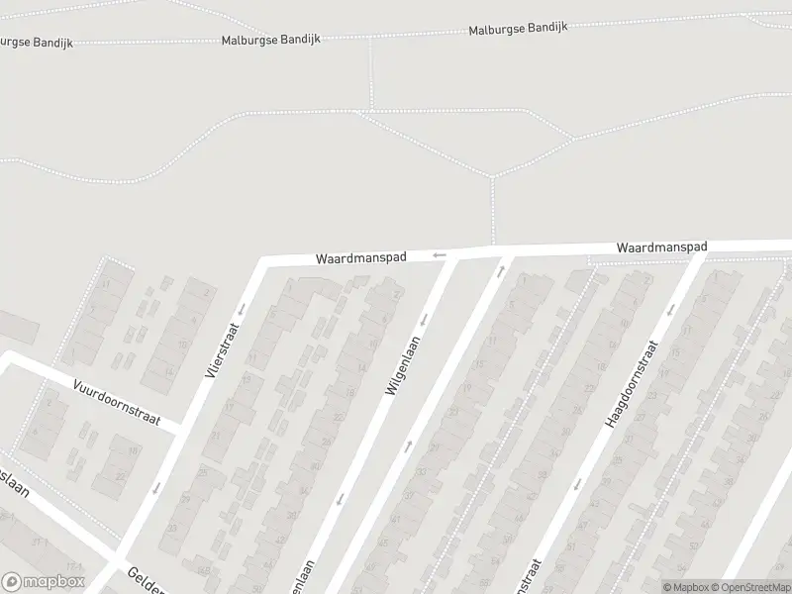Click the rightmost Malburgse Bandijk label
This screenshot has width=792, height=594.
tap(518, 29)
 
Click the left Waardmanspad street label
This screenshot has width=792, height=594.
tap(361, 256)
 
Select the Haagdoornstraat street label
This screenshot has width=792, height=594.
tap(631, 384)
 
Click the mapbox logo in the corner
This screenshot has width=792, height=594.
tap(44, 582)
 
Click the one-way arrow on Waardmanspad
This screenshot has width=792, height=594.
tap(439, 256)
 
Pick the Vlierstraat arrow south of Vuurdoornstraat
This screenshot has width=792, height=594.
tap(156, 486)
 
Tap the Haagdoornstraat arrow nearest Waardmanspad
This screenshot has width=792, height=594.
tap(670, 309)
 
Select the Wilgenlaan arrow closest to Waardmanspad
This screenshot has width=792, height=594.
tap(424, 320)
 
